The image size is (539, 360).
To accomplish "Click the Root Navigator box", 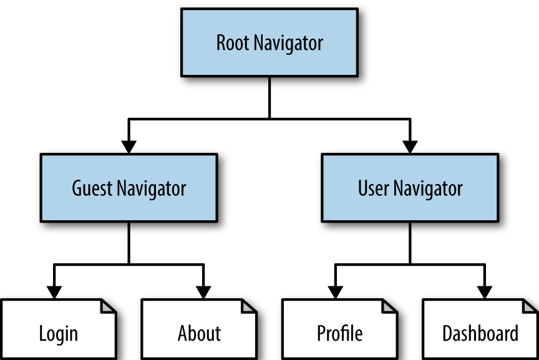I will click(x=269, y=43).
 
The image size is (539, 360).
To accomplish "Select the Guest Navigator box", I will click(x=129, y=188).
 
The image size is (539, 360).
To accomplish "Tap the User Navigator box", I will click(x=410, y=188).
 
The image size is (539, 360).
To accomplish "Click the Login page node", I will click(x=59, y=333).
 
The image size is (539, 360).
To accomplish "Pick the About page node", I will click(x=199, y=333).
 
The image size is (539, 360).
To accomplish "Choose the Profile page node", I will click(x=339, y=333).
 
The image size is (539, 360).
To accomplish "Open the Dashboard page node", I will click(x=480, y=333).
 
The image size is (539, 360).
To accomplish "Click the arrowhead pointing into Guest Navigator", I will click(x=129, y=147).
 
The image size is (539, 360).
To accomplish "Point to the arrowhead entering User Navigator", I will click(x=410, y=147).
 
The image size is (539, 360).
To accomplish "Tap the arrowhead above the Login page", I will click(x=55, y=291).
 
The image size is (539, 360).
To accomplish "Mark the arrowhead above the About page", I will click(x=203, y=291).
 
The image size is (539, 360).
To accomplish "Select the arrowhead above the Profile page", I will click(x=336, y=291).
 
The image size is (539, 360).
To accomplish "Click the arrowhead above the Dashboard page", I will click(x=484, y=291).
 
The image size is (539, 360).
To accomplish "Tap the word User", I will click(x=372, y=188).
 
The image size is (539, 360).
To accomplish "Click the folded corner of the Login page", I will click(x=109, y=306).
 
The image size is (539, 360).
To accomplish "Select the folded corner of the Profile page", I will click(x=390, y=306).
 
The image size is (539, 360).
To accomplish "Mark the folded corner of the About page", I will click(x=250, y=306).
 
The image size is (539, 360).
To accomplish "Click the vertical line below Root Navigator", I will click(x=269, y=97).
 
